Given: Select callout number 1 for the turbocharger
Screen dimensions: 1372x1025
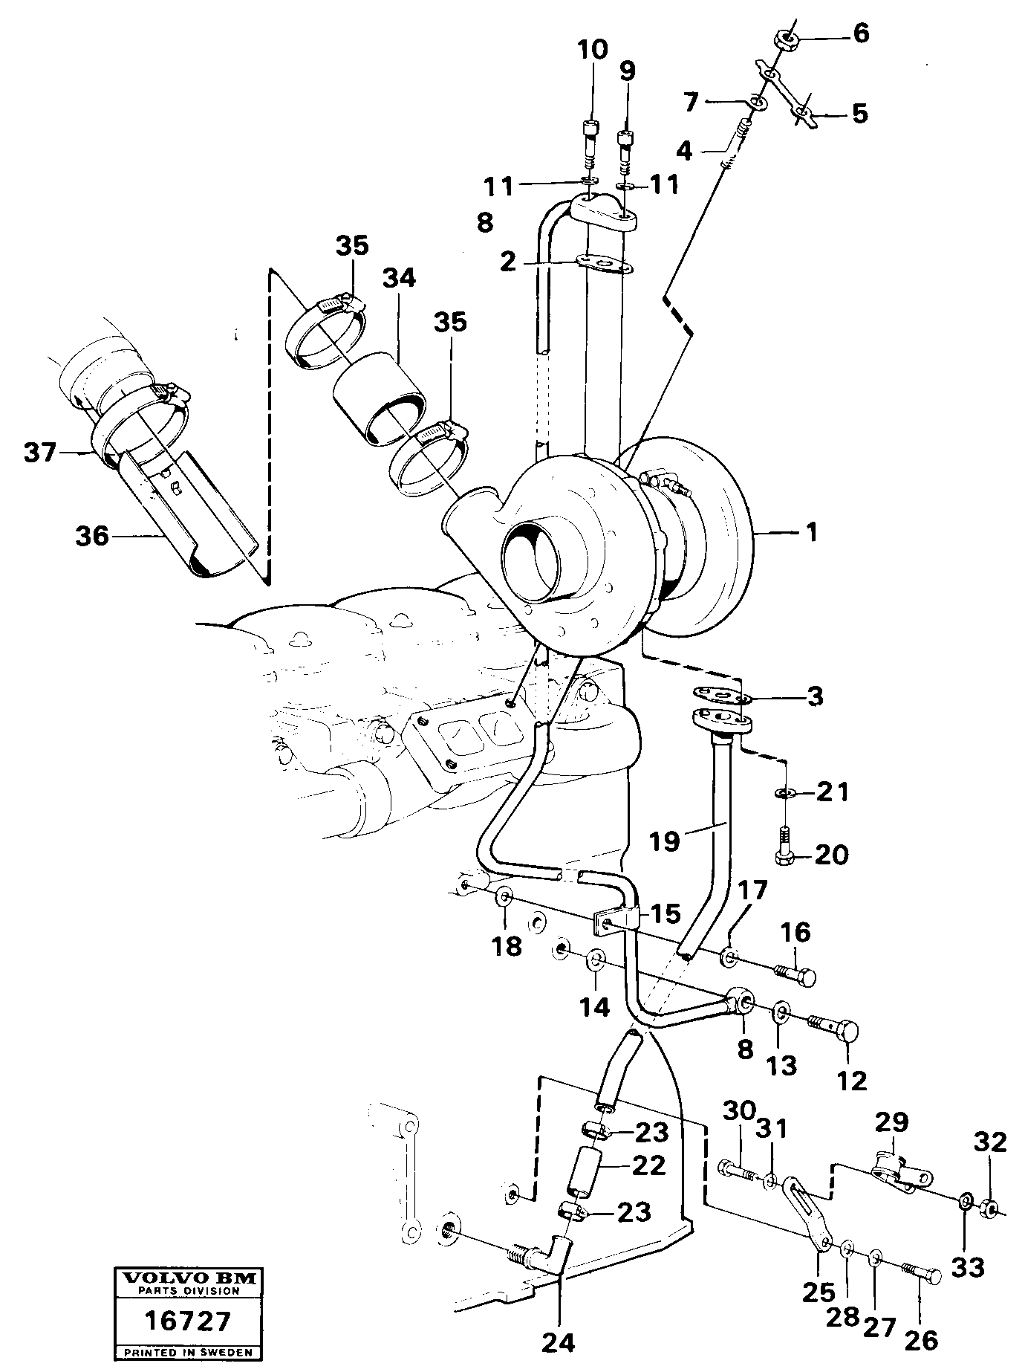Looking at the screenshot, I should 812,532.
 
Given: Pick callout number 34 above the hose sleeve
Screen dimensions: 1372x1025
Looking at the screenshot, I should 400,279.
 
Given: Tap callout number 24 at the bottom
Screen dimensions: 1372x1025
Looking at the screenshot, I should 559,1341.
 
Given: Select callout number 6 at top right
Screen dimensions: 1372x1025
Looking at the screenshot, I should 860,33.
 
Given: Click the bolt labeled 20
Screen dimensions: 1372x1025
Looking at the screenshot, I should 785,853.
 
